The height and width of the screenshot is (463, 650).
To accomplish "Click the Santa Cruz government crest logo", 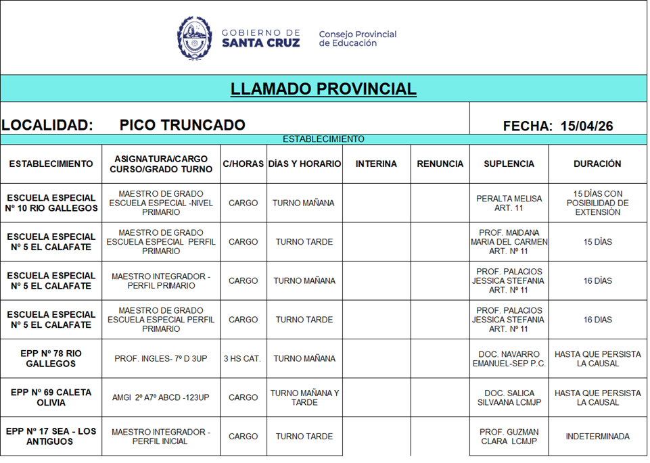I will (195, 38).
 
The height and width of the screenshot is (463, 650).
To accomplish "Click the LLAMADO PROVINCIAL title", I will (323, 89).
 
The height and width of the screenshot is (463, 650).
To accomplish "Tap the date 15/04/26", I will (586, 126).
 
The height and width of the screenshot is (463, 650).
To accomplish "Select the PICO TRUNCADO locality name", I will (182, 125).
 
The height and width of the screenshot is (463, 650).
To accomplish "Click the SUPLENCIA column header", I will (509, 164).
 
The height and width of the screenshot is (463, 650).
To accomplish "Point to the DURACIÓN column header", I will (597, 164).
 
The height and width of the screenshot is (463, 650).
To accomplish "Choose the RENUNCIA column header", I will (440, 164).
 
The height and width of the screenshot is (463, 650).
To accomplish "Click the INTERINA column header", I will (376, 164).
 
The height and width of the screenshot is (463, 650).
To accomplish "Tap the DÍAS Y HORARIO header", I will (304, 164).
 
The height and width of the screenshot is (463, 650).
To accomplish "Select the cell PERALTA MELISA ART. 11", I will (509, 203).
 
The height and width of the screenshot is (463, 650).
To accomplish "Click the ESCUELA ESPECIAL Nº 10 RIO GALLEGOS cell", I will (51, 203).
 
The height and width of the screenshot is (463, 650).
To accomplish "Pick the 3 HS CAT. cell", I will (243, 359).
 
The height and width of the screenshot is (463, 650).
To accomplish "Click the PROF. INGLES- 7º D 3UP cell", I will (161, 359).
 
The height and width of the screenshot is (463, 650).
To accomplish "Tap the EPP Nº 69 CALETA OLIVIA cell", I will (51, 397).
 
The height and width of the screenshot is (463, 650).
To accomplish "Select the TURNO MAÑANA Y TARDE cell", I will (304, 397).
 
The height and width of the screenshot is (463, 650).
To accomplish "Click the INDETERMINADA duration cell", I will (597, 437).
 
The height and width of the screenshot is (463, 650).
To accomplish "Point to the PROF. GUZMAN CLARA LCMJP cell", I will (509, 437).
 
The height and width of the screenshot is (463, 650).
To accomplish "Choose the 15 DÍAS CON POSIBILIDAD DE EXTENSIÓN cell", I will (597, 203).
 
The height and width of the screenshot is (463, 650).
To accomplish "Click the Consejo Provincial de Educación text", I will (357, 39).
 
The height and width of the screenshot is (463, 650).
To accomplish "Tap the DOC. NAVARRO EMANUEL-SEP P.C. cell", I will (509, 359).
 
